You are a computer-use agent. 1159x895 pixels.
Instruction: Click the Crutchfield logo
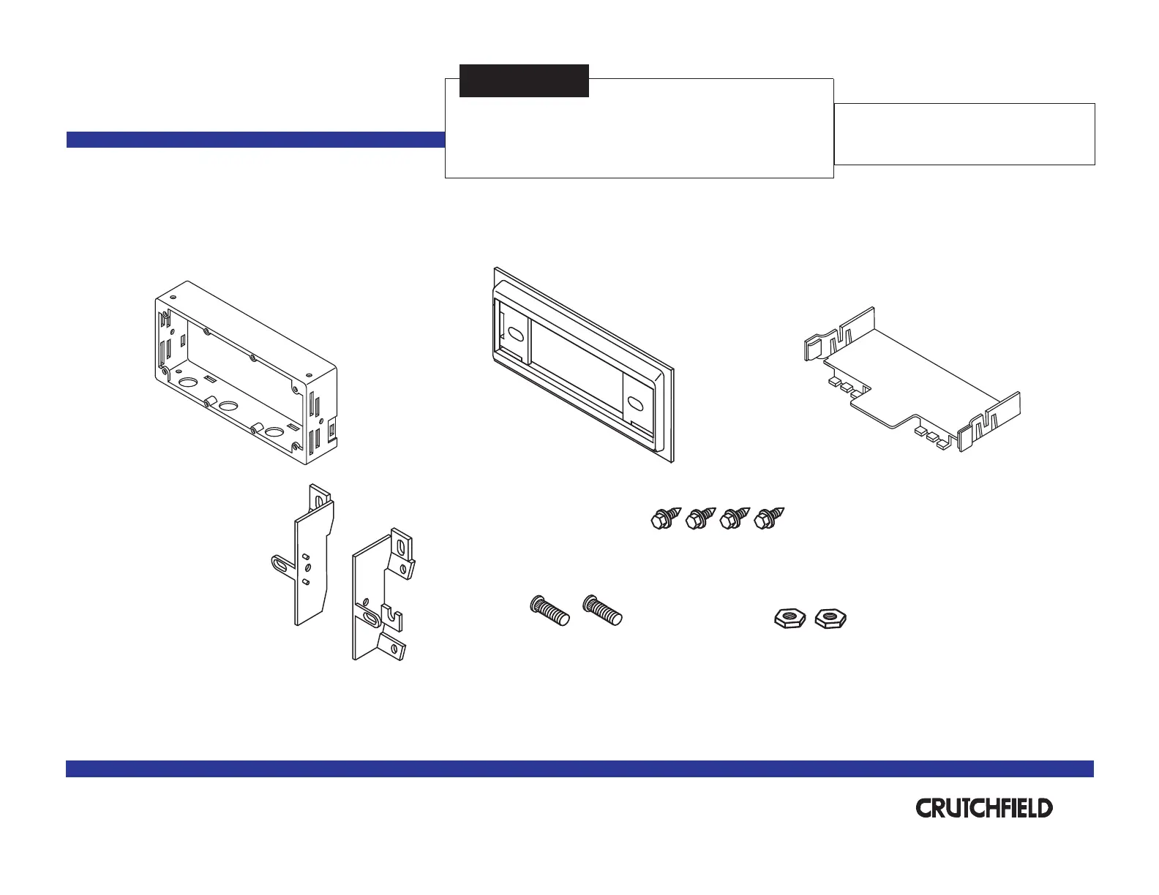(x=984, y=808)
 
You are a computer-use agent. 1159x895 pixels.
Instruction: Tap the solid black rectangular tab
(x=524, y=80)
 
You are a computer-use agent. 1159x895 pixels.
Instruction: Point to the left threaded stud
(x=550, y=610)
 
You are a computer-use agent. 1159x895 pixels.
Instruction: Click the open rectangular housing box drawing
(x=245, y=373)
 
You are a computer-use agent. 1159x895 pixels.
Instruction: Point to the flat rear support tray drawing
(x=911, y=380)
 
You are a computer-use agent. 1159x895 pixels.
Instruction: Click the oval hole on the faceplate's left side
(x=515, y=335)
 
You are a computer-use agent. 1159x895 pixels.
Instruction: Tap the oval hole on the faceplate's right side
(x=634, y=402)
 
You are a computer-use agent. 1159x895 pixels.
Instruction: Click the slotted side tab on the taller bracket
(x=282, y=564)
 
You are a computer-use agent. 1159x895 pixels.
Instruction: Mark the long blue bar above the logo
(x=579, y=768)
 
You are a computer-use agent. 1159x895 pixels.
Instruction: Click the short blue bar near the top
(x=255, y=140)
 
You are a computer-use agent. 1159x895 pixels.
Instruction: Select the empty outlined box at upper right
(x=964, y=134)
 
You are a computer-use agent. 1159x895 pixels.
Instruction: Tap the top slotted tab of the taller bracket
(x=320, y=495)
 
